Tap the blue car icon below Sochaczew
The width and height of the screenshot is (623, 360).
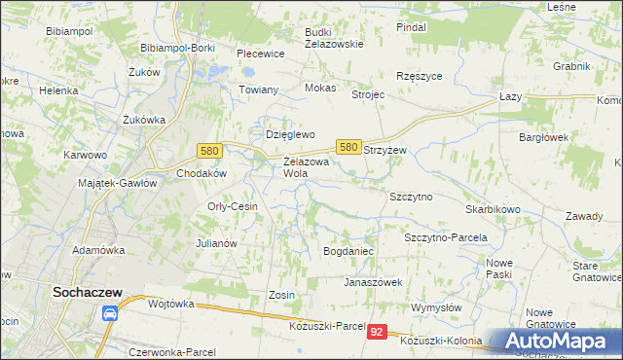[x=110, y=314]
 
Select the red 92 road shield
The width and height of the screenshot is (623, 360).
[x=378, y=333]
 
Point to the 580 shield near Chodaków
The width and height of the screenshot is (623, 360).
[x=208, y=151]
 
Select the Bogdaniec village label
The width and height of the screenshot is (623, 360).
[x=348, y=251]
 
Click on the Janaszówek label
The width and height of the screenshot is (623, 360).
[x=372, y=282]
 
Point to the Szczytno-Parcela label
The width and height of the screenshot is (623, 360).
[x=445, y=237]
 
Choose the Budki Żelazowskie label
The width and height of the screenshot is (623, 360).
[x=334, y=37]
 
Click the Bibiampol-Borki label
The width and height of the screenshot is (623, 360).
[x=177, y=48]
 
